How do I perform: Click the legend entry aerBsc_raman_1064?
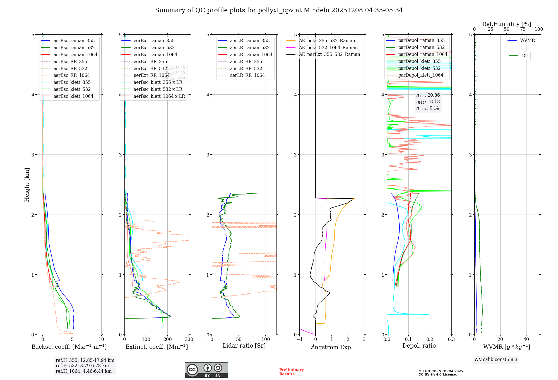pyautogui.click(x=75, y=54)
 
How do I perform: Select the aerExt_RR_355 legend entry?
pyautogui.click(x=150, y=61)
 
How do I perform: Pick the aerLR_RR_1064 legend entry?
pyautogui.click(x=247, y=75)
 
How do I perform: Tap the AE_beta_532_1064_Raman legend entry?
pyautogui.click(x=328, y=47)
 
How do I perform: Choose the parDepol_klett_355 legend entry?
pyautogui.click(x=419, y=61)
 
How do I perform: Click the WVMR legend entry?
pyautogui.click(x=527, y=41)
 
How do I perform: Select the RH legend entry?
pyautogui.click(x=525, y=56)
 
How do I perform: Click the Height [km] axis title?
pyautogui.click(x=27, y=185)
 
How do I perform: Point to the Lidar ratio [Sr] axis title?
pyautogui.click(x=244, y=346)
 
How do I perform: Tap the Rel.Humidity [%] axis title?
pyautogui.click(x=506, y=24)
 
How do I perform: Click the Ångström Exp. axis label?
pyautogui.click(x=332, y=347)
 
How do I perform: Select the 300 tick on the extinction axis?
pyautogui.click(x=189, y=339)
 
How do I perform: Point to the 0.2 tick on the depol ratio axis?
pyautogui.click(x=430, y=339)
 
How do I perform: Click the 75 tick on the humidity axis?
pyautogui.click(x=523, y=29)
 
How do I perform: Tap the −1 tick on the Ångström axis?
pyautogui.click(x=299, y=339)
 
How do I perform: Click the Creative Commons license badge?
pyautogui.click(x=206, y=370)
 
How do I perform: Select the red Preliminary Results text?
pyautogui.click(x=291, y=372)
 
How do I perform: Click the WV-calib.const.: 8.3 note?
pyautogui.click(x=496, y=360)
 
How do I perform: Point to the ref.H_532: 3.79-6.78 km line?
pyautogui.click(x=82, y=366)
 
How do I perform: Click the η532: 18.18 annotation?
pyautogui.click(x=428, y=102)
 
